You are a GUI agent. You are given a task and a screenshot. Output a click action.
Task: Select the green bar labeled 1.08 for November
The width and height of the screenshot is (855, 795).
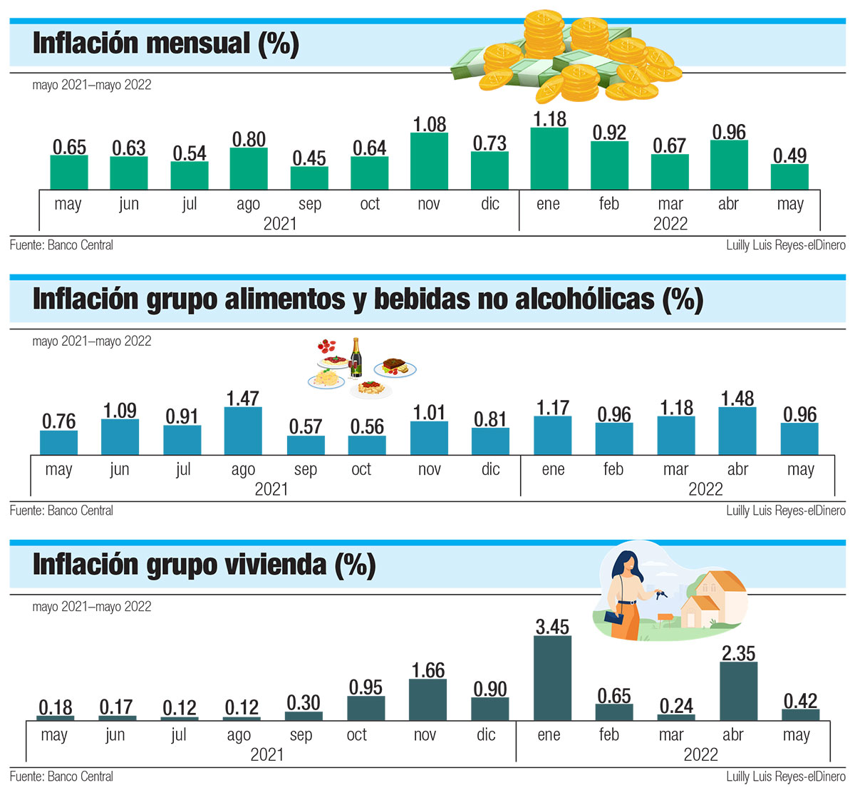[430, 161]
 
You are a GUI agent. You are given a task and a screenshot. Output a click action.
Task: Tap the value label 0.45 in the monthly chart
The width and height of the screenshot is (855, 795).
[309, 158]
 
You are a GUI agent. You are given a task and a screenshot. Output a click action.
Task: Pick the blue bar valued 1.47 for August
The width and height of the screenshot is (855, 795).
[243, 431]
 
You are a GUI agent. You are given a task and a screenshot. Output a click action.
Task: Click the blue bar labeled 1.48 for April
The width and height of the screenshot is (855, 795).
[737, 431]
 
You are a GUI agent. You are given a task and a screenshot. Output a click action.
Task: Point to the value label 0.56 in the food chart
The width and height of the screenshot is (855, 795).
[367, 426]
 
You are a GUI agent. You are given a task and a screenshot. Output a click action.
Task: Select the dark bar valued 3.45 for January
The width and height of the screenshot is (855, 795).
[552, 677]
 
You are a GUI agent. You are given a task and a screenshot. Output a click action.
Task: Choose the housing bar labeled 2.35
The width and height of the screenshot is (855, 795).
[738, 691]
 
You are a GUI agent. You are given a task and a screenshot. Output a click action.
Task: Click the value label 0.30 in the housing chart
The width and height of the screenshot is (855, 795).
[304, 703]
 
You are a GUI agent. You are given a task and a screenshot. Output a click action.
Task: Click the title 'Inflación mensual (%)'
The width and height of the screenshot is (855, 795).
[165, 43]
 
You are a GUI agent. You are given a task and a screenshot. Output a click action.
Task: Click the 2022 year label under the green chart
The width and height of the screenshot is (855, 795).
[670, 224]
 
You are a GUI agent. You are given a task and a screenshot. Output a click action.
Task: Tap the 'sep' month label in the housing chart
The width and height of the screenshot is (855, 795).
[301, 735]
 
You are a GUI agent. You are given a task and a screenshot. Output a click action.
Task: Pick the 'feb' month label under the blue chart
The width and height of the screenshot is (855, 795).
[613, 469]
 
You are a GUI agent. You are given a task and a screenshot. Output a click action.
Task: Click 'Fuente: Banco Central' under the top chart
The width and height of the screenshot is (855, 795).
[61, 245]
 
